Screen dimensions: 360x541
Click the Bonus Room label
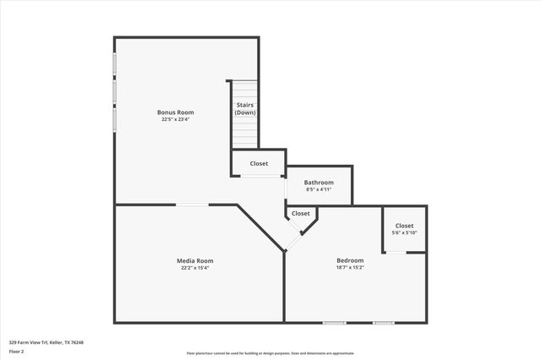tap(176, 112)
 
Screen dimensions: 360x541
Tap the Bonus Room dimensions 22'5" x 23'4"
tap(176, 119)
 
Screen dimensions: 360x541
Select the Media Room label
tap(194, 260)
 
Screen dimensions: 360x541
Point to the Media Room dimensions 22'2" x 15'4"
tap(194, 268)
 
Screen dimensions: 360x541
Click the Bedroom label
tap(350, 260)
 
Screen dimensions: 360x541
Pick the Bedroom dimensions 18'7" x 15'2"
tap(350, 268)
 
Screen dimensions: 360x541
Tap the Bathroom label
tap(319, 183)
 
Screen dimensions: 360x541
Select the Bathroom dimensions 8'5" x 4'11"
tap(319, 190)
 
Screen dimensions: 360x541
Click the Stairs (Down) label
tap(245, 109)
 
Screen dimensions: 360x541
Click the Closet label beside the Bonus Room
tap(259, 163)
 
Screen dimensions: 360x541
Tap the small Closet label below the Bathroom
tap(301, 214)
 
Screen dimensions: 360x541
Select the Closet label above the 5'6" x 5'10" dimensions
tap(404, 226)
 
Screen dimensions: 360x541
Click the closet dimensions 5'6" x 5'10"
tap(404, 233)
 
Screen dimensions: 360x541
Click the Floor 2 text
tap(16, 352)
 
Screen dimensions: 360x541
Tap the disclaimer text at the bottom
tap(270, 352)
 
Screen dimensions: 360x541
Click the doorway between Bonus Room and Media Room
tap(193, 205)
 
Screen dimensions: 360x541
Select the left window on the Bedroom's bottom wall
tap(335, 322)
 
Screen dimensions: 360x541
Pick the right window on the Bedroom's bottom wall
tap(384, 322)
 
